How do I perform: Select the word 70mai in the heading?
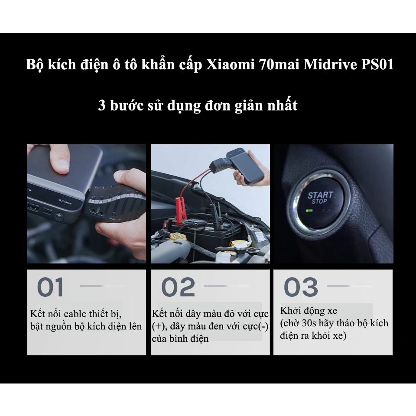[280, 65]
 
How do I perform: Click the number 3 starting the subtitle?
[102, 105]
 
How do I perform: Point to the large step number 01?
[51, 287]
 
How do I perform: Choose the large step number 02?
[178, 287]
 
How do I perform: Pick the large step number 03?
[301, 287]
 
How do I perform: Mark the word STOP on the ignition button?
[319, 201]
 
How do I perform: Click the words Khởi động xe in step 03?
[309, 311]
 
